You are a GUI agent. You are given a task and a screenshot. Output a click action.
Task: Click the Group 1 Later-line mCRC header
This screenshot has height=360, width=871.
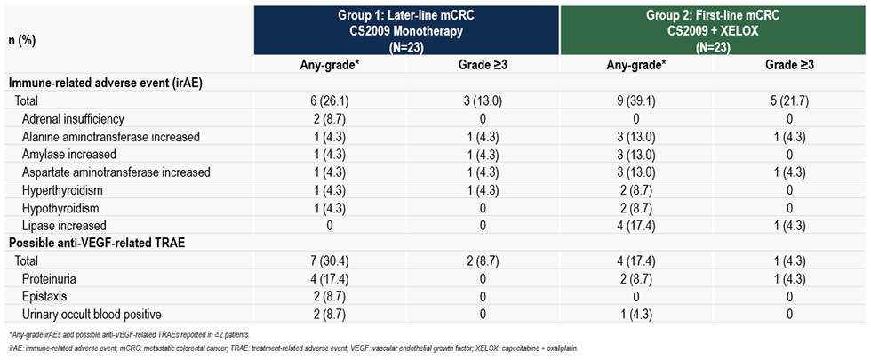[407, 30]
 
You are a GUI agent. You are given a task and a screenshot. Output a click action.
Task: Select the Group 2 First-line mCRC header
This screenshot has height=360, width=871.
[713, 30]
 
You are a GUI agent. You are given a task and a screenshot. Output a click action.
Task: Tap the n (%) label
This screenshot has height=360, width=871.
[21, 41]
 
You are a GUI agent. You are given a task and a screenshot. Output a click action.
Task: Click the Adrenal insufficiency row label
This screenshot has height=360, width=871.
[71, 118]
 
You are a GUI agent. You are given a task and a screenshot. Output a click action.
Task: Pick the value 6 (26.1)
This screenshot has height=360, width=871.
[331, 101]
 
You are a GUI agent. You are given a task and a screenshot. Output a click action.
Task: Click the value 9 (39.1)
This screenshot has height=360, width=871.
[635, 101]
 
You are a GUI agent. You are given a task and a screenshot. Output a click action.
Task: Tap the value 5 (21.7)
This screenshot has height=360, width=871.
[789, 101]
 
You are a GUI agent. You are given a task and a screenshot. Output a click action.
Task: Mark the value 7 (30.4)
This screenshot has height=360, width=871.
[331, 261]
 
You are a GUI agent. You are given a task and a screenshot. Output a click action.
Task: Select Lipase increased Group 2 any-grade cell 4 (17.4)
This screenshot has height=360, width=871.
[635, 226]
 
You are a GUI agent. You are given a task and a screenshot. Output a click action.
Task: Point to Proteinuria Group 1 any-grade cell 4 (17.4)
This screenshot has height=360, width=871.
[331, 279]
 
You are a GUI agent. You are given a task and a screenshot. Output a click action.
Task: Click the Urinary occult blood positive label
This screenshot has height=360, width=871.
[92, 315]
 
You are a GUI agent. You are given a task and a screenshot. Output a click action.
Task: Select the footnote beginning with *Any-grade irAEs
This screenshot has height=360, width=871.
[131, 335]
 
